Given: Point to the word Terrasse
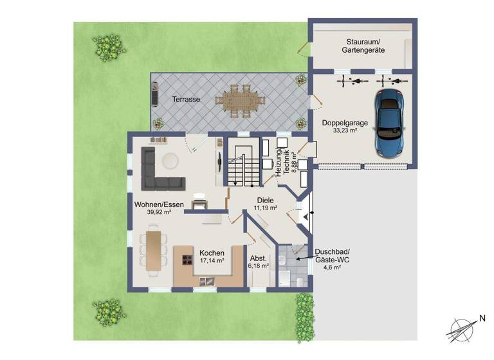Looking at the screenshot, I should [x=186, y=100].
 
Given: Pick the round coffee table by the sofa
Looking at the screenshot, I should [x=170, y=161].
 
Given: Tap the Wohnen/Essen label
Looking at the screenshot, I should [x=159, y=204].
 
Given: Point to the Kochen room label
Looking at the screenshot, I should [x=212, y=253].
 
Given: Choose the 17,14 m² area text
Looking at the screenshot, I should [x=212, y=261].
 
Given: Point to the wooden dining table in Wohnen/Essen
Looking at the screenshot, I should [x=154, y=249].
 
